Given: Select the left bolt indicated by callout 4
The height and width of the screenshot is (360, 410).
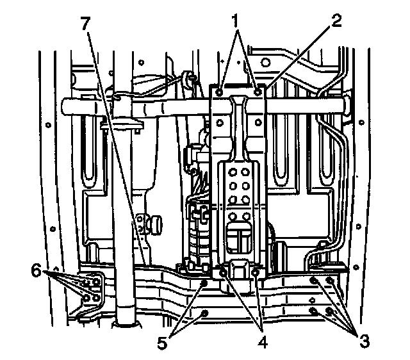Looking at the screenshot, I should point(223,274).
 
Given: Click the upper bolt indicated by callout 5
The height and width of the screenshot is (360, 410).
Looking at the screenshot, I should point(204,282).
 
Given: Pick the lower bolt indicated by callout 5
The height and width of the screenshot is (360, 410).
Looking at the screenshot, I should point(204,313).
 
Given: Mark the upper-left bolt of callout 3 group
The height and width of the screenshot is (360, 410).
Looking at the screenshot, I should point(314,281).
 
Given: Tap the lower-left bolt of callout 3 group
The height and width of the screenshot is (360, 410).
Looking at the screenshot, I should point(314,311).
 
